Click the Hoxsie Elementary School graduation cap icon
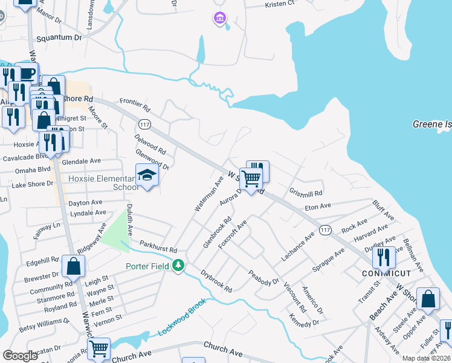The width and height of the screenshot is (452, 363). [x=147, y=175]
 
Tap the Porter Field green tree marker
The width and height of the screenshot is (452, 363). [x=178, y=265]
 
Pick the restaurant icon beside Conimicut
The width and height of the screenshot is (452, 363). [x=384, y=257]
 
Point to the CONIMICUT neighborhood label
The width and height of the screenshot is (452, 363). [x=387, y=273]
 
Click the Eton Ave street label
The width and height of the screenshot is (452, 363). [x=318, y=206]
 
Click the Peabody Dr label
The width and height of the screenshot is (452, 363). [x=263, y=278]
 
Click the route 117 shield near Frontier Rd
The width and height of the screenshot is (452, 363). [x=144, y=124]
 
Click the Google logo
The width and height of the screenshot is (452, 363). [x=20, y=356]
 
